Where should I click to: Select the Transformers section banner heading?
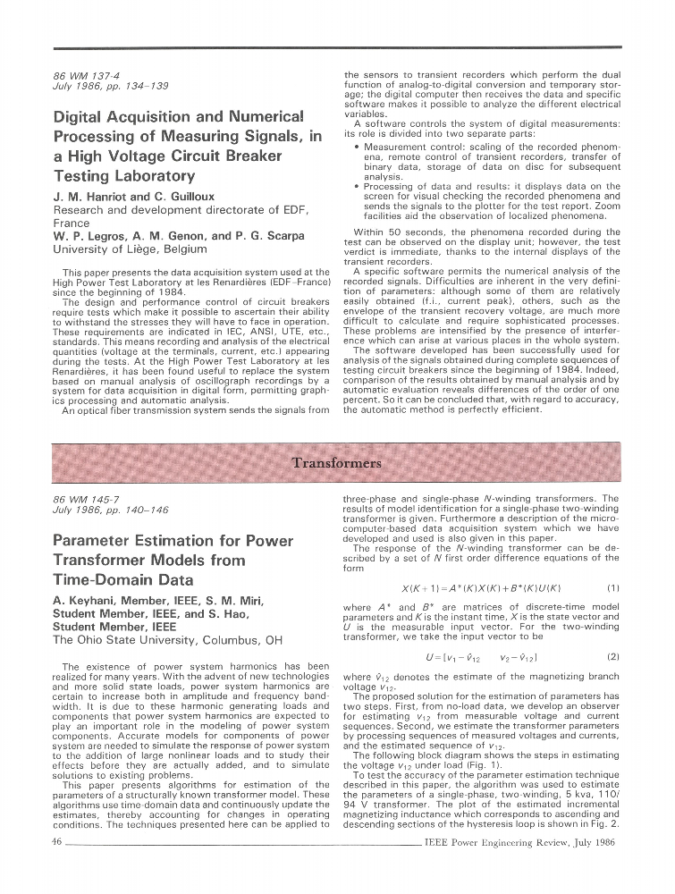coord(336,462)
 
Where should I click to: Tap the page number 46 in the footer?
coord(57,841)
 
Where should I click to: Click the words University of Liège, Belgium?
coord(131,249)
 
